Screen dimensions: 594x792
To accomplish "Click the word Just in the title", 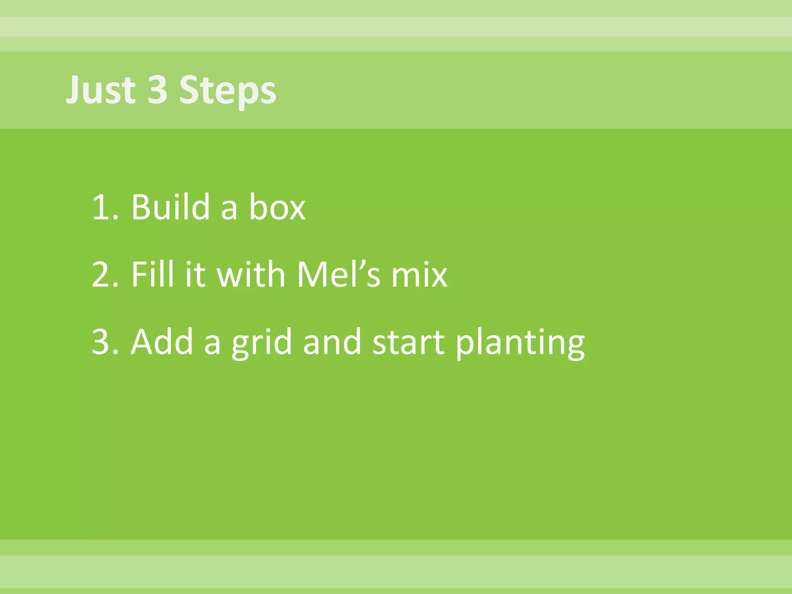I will click(x=101, y=90).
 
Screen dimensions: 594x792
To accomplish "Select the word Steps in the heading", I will click(x=228, y=91).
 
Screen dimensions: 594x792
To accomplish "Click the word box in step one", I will click(x=277, y=207).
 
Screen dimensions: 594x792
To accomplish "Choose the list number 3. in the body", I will click(x=104, y=342).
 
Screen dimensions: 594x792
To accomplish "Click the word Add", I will click(x=162, y=341).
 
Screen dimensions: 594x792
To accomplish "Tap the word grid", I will click(x=262, y=343).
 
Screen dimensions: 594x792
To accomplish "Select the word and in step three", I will click(x=332, y=341).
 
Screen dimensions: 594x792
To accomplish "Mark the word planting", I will click(x=520, y=343).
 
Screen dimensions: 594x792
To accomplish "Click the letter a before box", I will click(x=229, y=209).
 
